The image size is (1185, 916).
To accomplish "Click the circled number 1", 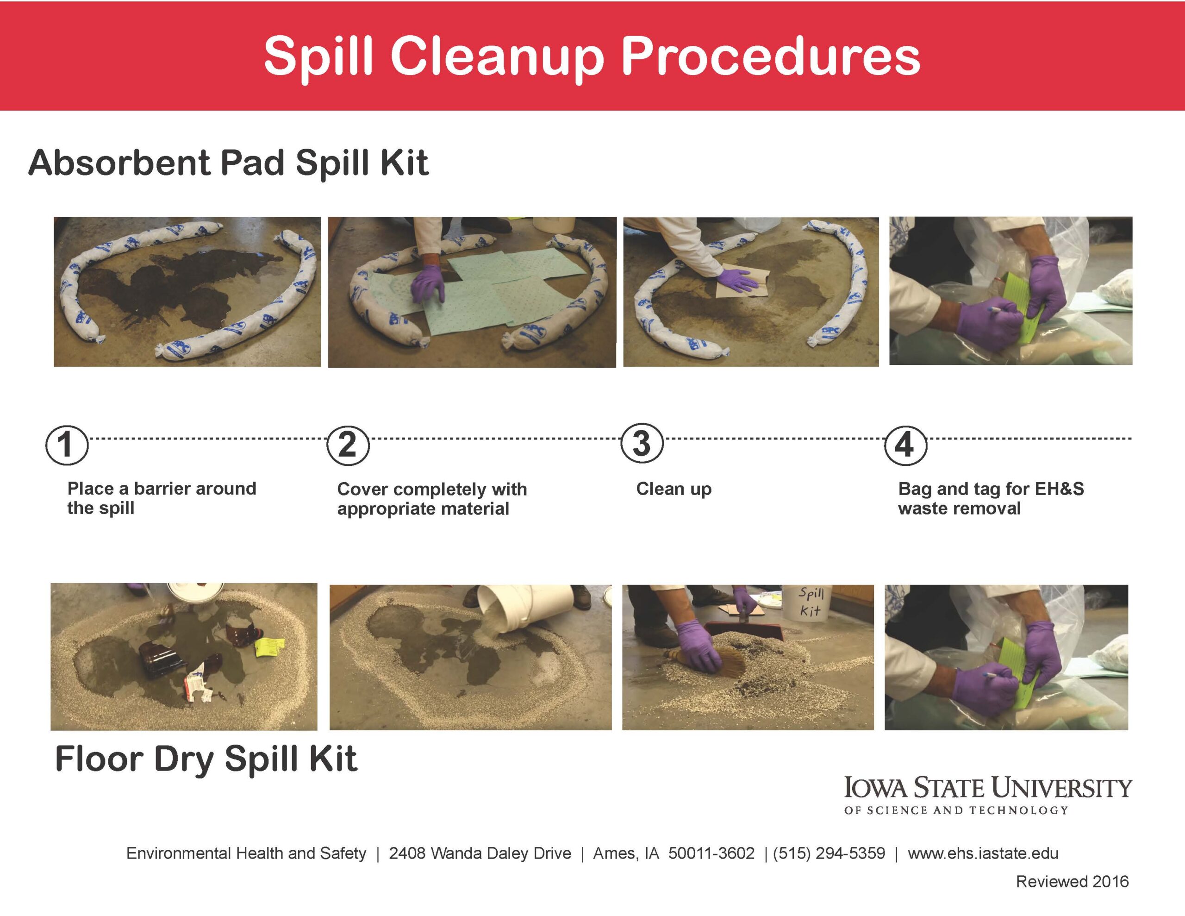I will (x=66, y=445).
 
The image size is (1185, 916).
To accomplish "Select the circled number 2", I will (x=348, y=445).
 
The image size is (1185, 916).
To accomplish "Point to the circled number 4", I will (x=905, y=445).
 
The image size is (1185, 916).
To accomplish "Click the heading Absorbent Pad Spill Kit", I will (x=228, y=163).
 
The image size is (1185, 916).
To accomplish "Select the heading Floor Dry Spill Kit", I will (x=206, y=759).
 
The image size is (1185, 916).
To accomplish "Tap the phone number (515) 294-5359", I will (x=829, y=853).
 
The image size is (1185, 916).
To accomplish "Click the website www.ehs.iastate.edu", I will (x=983, y=853).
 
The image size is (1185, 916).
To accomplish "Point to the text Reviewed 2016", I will (x=1072, y=881).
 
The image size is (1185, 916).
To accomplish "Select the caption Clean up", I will (x=674, y=489).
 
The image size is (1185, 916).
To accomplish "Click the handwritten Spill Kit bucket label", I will (x=811, y=602).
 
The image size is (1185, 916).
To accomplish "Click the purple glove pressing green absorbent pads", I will (x=428, y=282).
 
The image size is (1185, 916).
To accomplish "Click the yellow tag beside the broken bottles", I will (x=270, y=646).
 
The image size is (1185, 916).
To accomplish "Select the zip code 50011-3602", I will (x=711, y=853).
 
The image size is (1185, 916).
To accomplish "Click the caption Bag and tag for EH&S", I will (x=990, y=489).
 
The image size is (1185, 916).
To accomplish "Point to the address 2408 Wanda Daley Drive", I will (x=480, y=853).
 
